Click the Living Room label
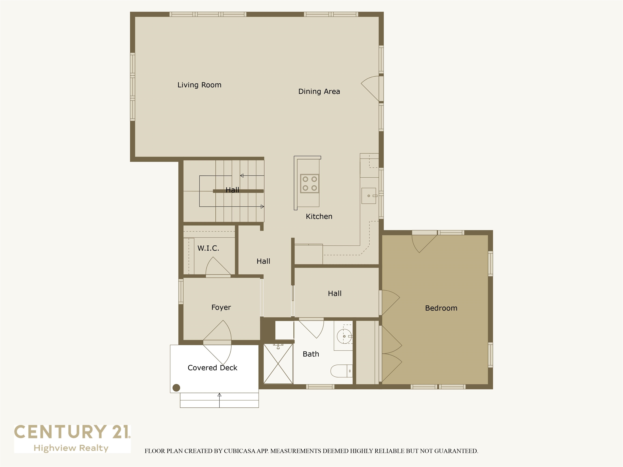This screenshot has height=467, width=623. point(199,85)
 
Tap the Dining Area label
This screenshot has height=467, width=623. point(319,91)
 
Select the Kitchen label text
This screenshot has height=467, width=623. point(319,216)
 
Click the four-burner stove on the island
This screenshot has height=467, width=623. point(309,183)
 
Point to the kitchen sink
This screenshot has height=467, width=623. point(368,196)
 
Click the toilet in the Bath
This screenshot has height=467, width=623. point(341,371)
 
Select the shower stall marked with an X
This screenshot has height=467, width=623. point(278,364)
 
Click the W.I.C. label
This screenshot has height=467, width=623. point(208,248)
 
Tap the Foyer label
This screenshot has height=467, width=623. point(221,307)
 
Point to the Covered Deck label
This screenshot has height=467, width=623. point(212,368)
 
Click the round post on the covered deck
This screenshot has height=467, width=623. point(176,388)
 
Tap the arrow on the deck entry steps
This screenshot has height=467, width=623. point(219,395)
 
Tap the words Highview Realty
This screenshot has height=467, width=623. point(71,448)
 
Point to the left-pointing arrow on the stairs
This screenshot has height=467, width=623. point(242,176)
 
